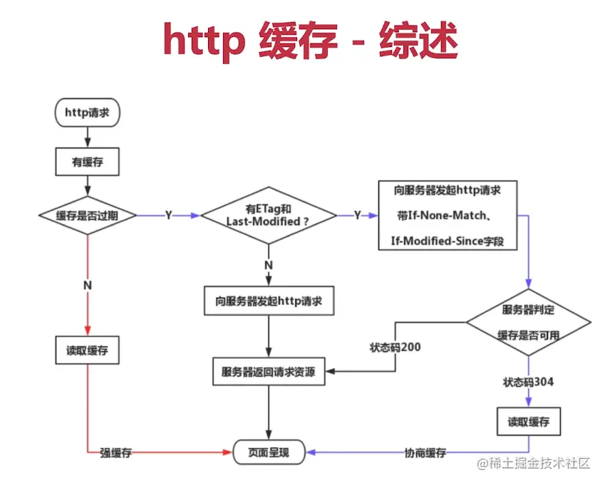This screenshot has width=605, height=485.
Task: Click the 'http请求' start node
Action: pos(86,113)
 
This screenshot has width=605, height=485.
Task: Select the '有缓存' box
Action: pos(86,162)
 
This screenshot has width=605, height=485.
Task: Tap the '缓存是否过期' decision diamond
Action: pos(86,215)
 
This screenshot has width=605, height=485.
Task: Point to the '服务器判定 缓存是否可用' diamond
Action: pos(528,322)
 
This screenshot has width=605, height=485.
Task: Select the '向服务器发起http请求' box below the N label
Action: pos(269,301)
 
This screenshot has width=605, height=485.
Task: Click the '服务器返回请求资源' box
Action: pos(269,372)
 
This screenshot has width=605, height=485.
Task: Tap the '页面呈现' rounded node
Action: pos(269,452)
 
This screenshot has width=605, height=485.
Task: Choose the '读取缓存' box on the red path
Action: pos(86,350)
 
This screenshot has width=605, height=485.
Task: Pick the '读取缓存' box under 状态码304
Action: pos(528,421)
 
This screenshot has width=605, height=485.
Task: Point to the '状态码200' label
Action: pos(395,348)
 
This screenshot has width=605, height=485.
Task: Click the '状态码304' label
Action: pos(528,382)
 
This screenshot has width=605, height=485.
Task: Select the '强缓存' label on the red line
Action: pos(115,452)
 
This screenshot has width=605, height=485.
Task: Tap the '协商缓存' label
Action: pos(425,452)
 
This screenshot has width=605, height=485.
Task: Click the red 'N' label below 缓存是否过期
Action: pos(86,285)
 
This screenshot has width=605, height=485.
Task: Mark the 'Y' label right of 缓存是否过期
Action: pos(168,215)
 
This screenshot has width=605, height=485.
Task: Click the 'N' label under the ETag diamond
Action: pos(269,265)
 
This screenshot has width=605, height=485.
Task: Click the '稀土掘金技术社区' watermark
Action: pos(534,463)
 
